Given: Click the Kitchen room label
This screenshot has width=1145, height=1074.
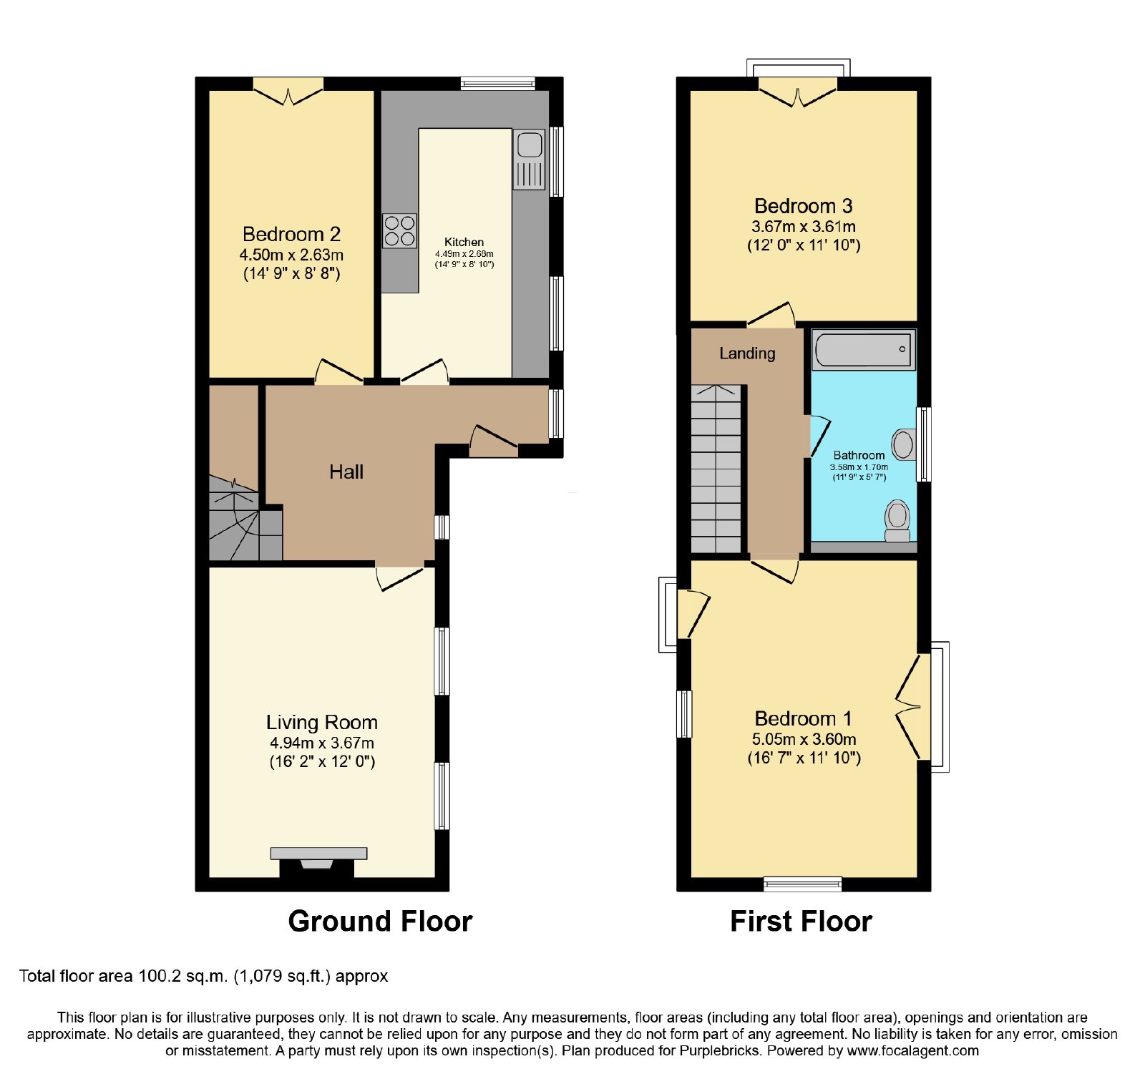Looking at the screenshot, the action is coord(464,243).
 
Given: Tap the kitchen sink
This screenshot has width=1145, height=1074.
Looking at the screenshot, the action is coord(529,159).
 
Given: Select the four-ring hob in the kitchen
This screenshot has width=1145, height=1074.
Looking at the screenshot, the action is coord(399,231).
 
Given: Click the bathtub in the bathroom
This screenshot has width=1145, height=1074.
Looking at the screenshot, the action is coord(864,350).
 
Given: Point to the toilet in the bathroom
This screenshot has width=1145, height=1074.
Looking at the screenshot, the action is coord(897,522).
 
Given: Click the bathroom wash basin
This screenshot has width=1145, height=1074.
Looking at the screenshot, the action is coord(904,444).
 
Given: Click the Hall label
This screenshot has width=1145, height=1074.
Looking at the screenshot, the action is coord(346,472).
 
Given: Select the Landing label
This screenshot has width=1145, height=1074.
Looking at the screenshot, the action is coord(747,353).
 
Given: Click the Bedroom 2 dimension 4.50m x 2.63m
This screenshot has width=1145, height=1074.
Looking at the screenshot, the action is coord(291,255).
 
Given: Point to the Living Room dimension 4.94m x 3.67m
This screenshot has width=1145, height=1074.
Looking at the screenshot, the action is coord(322,743).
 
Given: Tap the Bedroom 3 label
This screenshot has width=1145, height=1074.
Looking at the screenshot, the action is coord(804,206).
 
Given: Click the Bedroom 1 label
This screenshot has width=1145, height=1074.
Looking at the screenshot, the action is coord(804,718).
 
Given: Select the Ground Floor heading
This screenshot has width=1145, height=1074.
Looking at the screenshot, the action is coord(380,922).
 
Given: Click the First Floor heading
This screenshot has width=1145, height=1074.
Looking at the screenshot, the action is coord(801,922).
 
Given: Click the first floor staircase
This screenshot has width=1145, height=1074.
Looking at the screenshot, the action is coord(716,469).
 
